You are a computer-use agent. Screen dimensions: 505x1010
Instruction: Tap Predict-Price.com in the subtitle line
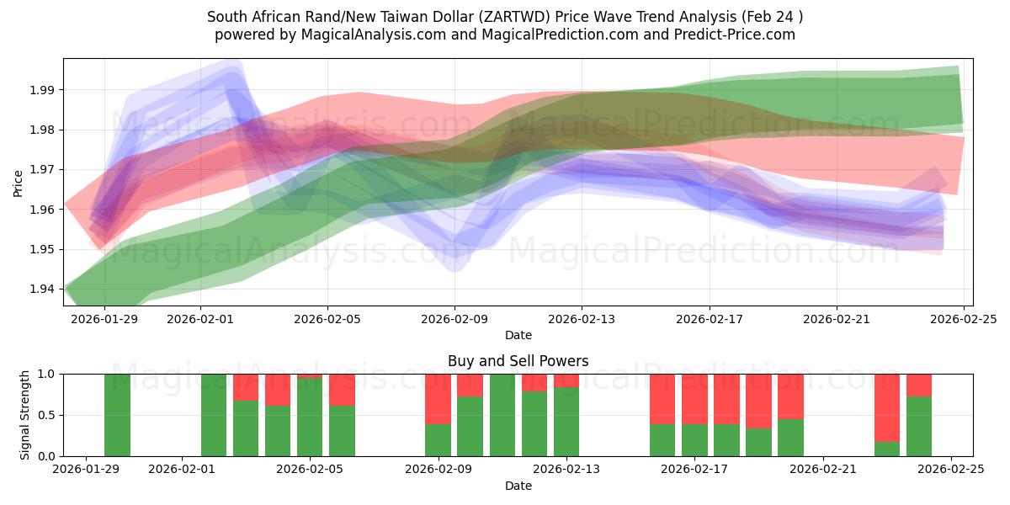(730, 35)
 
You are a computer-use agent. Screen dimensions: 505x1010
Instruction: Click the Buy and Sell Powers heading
(518, 361)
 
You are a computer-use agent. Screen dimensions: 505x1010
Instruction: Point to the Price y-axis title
(19, 182)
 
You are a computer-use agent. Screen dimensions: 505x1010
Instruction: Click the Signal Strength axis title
(25, 415)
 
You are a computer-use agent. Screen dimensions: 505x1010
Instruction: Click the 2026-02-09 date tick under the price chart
(454, 319)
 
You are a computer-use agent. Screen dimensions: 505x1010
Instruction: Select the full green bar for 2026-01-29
(118, 415)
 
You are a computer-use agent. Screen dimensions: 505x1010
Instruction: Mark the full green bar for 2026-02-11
(502, 415)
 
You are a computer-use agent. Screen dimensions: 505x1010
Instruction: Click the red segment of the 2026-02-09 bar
(438, 399)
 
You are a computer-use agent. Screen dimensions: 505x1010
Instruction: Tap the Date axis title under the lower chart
(518, 486)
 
